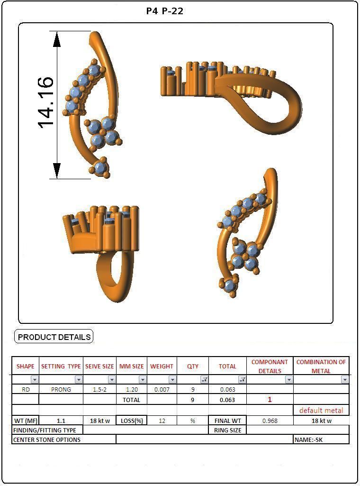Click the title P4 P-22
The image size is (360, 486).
(165, 11)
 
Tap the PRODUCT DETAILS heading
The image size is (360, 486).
(54, 337)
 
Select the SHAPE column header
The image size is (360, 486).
(26, 367)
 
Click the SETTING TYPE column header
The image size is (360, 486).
(61, 367)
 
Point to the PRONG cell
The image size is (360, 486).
(61, 389)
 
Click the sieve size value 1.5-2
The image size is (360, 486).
(99, 389)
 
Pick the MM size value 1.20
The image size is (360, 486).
(131, 389)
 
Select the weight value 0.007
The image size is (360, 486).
(162, 389)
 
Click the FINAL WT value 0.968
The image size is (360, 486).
(270, 421)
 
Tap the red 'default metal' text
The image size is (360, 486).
(321, 410)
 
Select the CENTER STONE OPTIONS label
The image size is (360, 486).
(47, 440)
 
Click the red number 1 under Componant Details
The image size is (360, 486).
(270, 400)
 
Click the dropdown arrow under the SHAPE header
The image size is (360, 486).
(35, 380)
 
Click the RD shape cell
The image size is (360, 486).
(26, 389)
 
